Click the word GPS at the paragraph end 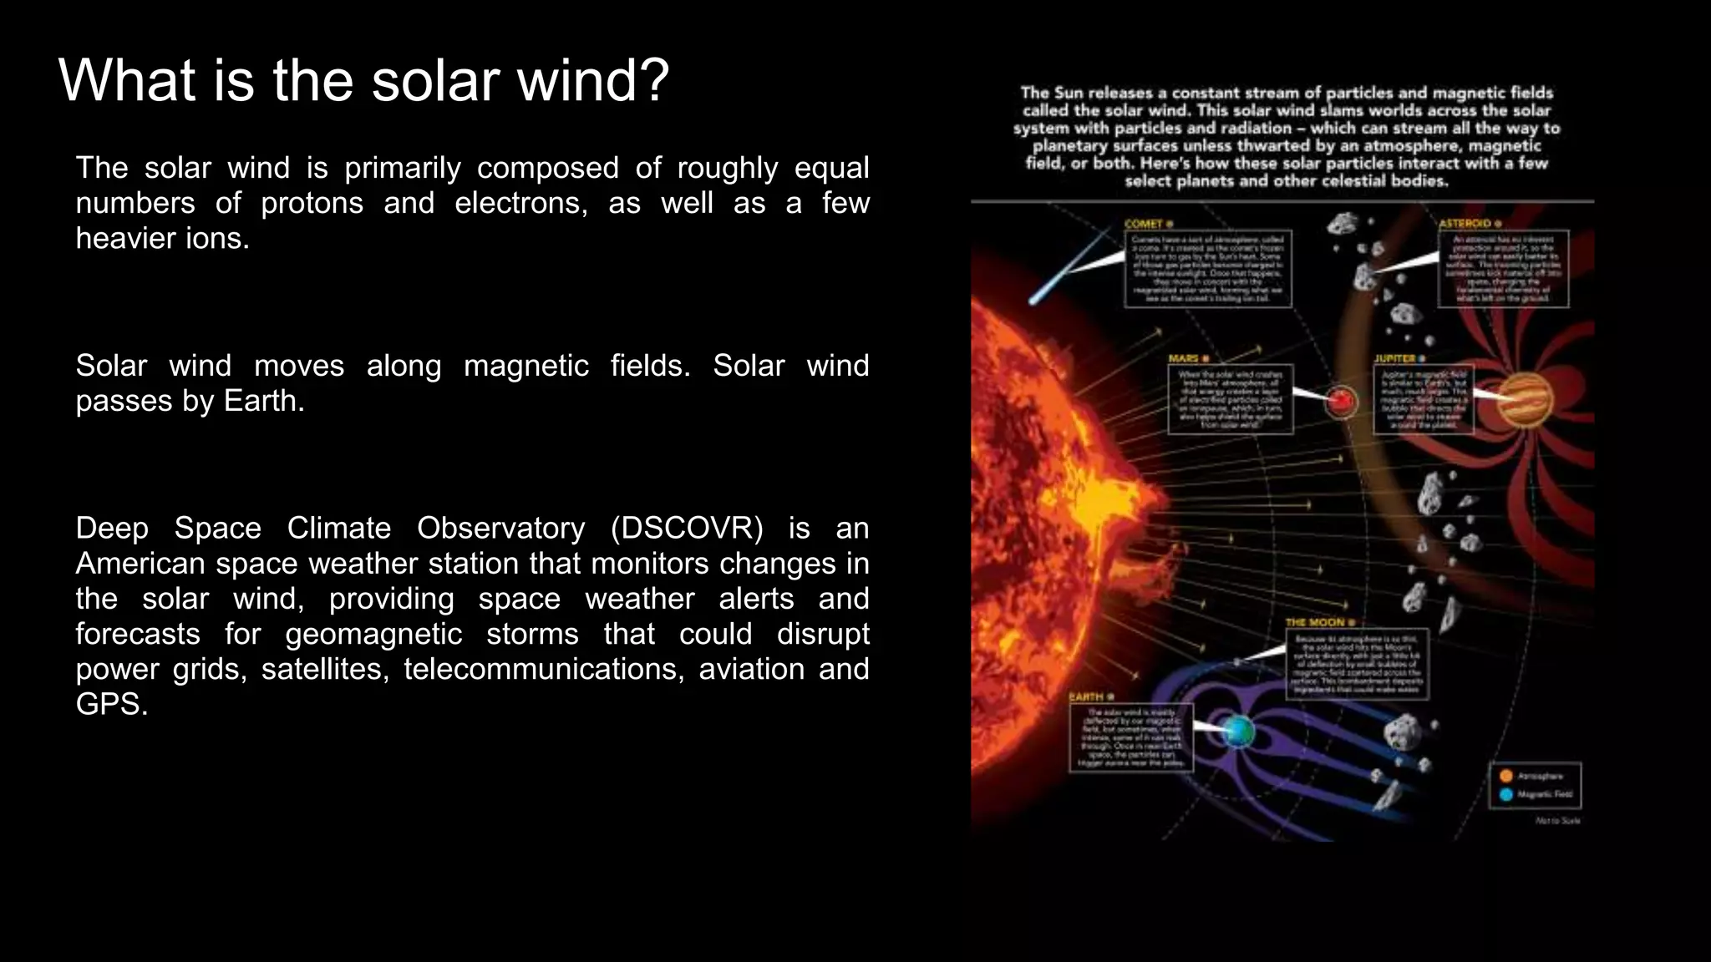point(111,705)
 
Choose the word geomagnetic point(373,635)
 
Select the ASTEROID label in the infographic point(1465,224)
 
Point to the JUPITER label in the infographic point(1395,358)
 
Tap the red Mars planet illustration point(1342,402)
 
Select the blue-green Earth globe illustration point(1238,732)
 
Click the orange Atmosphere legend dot point(1506,776)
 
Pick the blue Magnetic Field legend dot point(1506,794)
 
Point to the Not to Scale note point(1558,821)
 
